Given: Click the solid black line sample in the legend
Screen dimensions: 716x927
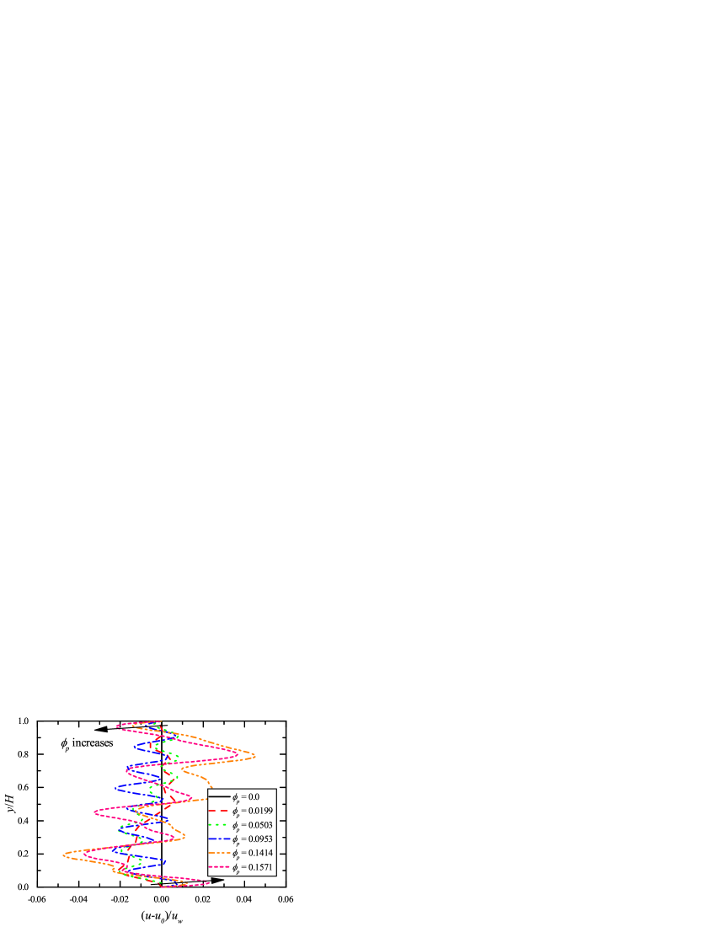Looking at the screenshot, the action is [x=219, y=796].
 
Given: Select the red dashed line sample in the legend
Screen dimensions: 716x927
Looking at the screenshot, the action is [x=219, y=811].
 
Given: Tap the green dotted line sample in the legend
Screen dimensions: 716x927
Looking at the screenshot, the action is [x=219, y=825].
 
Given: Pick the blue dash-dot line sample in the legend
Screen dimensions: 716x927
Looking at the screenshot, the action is [x=219, y=839].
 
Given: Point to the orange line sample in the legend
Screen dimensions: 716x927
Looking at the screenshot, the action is [x=219, y=853].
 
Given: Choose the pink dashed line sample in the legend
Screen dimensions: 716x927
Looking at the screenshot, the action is [x=219, y=867].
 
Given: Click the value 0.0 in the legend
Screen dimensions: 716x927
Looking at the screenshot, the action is [x=254, y=796].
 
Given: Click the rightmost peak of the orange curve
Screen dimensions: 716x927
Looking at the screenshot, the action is [x=255, y=755].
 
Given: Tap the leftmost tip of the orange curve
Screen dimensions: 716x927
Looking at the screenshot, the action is [x=64, y=855].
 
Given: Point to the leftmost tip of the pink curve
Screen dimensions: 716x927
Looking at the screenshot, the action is [x=94, y=812].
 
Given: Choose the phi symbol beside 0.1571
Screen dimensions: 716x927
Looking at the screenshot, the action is [x=235, y=868].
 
